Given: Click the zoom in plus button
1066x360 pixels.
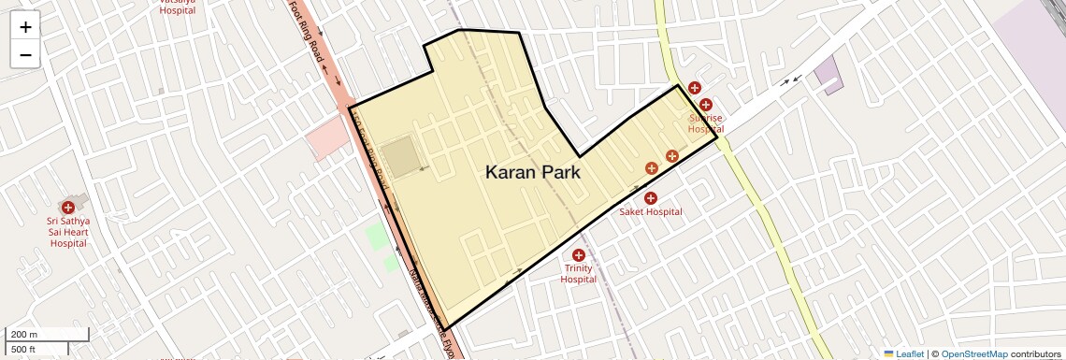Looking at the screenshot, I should click(x=25, y=27).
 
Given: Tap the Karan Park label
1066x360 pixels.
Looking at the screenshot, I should click(x=533, y=172).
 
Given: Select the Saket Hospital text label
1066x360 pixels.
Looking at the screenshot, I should click(x=651, y=212).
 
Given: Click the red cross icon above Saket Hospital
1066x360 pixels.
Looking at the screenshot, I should click(x=651, y=197).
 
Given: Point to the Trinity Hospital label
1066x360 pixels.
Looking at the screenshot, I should click(x=578, y=273).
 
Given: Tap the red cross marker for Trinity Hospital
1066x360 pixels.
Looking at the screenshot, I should click(x=578, y=255).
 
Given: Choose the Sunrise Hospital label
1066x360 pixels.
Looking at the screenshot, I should click(x=706, y=123).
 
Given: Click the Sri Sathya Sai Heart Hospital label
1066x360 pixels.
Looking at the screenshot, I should click(x=67, y=232).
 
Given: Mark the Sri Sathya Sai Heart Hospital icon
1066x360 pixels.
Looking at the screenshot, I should click(x=67, y=207).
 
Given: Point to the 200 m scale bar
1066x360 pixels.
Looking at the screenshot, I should click(x=47, y=335).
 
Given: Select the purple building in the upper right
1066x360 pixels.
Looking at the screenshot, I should click(x=828, y=73).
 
